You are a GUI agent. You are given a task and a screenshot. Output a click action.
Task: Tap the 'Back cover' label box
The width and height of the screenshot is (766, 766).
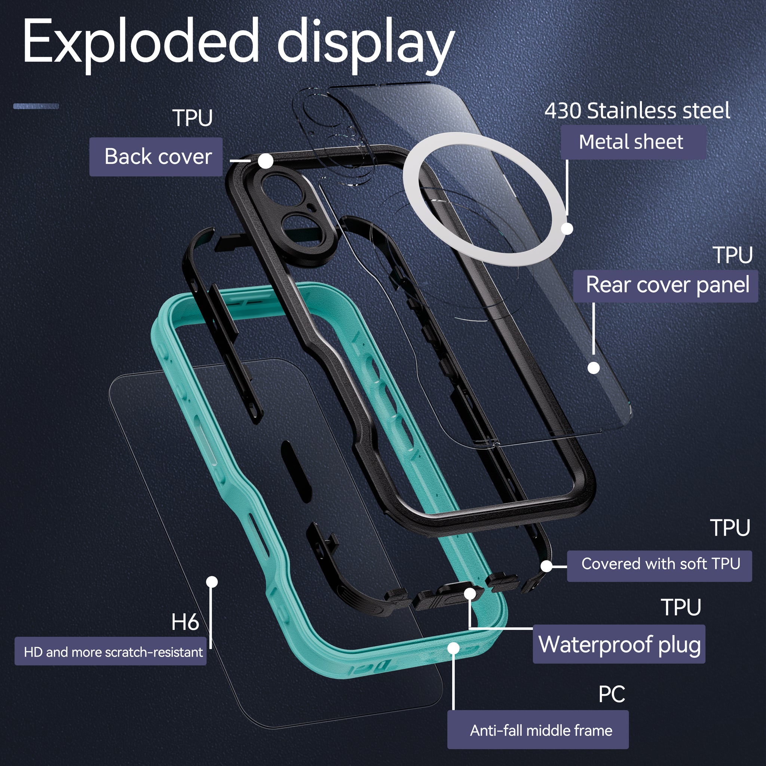click(x=156, y=157)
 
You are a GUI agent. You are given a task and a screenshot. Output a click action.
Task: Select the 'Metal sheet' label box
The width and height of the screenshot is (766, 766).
click(x=633, y=143)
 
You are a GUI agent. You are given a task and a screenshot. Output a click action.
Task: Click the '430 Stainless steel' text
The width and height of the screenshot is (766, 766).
click(x=637, y=111)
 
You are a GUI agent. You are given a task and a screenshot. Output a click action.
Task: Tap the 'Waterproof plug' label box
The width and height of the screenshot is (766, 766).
click(x=619, y=644)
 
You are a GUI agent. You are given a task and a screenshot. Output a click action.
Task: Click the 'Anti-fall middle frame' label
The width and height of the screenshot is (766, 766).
click(x=537, y=730)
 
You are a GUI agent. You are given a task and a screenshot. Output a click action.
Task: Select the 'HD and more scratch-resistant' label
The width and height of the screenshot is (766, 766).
click(x=111, y=652)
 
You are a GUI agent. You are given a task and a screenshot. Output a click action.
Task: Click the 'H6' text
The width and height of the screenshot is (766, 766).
click(x=185, y=622)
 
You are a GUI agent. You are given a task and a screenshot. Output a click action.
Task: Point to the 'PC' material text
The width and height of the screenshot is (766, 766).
click(x=612, y=694)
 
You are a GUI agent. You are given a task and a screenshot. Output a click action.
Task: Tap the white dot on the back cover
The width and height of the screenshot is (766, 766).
click(x=266, y=161)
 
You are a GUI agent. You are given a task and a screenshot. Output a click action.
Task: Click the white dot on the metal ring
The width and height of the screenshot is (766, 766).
click(x=567, y=229)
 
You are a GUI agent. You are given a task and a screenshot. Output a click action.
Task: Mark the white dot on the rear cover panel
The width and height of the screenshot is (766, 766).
click(x=594, y=368)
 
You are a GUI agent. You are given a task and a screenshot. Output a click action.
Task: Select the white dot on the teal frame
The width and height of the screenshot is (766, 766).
click(x=454, y=648)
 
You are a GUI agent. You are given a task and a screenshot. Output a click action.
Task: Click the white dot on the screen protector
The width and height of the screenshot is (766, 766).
click(x=212, y=582)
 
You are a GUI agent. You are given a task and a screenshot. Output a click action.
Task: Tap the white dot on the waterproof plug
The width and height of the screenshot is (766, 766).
click(x=470, y=594)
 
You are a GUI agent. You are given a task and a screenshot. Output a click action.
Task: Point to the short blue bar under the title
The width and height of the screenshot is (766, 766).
click(x=36, y=106)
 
